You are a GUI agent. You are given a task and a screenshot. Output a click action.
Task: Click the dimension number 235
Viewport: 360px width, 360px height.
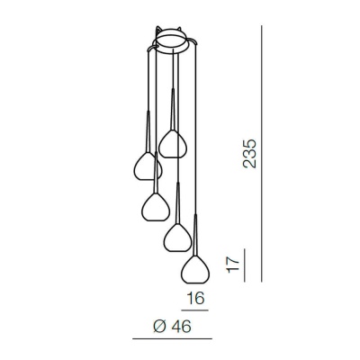pyautogui.click(x=249, y=153)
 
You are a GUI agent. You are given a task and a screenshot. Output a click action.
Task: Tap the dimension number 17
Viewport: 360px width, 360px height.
pyautogui.click(x=233, y=265)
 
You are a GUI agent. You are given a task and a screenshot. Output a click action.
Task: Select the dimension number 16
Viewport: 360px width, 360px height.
pyautogui.click(x=195, y=298)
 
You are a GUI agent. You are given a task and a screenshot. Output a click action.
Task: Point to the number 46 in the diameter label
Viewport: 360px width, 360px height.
pyautogui.click(x=181, y=327)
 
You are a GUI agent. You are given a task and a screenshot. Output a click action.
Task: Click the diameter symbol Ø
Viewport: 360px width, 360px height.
pyautogui.click(x=159, y=327)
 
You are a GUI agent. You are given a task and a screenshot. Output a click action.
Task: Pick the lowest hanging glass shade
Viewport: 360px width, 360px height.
pyautogui.click(x=195, y=269)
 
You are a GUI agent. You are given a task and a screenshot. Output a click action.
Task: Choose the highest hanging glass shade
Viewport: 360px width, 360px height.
pyautogui.click(x=173, y=144)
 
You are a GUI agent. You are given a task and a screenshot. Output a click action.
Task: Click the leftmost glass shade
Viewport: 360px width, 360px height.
pyautogui.click(x=148, y=166)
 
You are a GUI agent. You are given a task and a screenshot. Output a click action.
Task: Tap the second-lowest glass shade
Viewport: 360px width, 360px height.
pyautogui.click(x=177, y=238)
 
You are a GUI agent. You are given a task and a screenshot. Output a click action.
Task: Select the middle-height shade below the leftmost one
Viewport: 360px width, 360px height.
pyautogui.click(x=156, y=207)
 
